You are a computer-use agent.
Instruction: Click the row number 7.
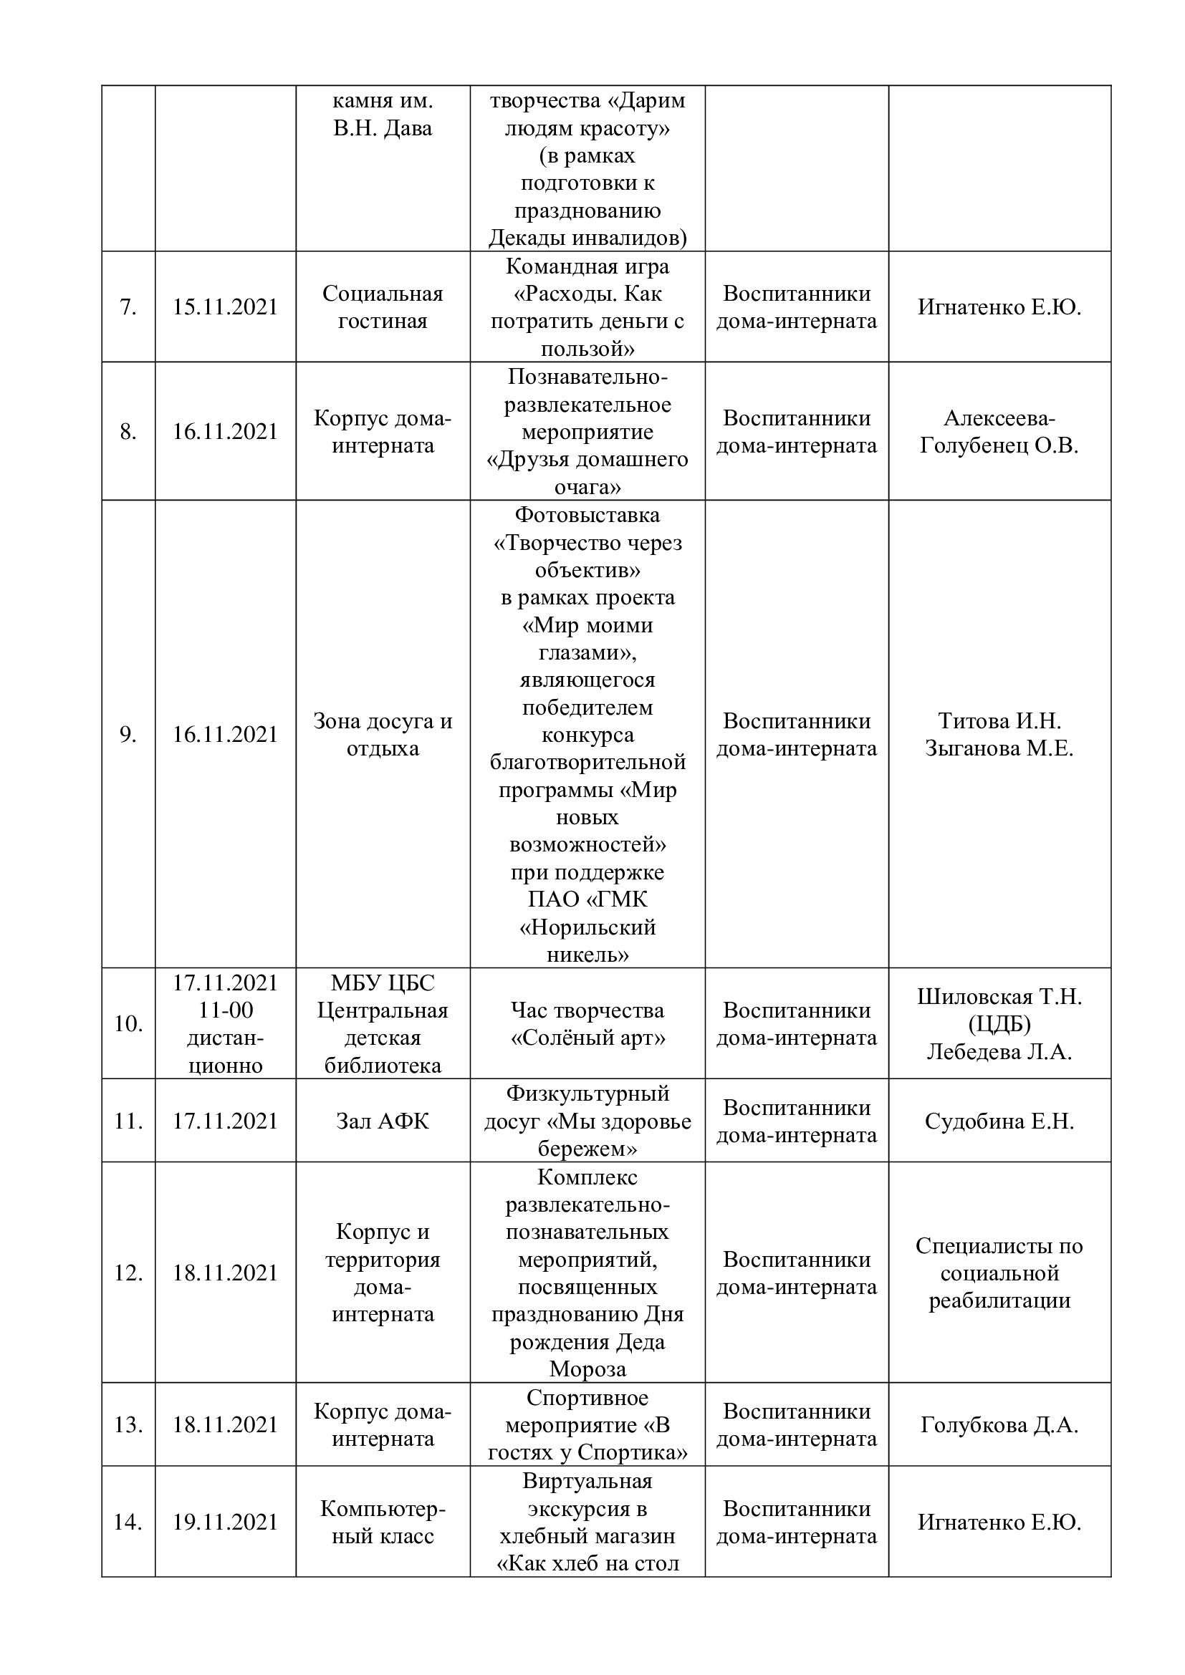[128, 307]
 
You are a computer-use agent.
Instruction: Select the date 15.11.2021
[225, 307]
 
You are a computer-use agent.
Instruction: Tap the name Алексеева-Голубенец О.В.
[999, 432]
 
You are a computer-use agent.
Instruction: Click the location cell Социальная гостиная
[383, 307]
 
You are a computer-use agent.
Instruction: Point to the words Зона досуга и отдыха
[383, 735]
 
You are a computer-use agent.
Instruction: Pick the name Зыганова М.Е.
[999, 748]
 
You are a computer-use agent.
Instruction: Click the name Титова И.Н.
[999, 721]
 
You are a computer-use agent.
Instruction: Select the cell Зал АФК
[383, 1121]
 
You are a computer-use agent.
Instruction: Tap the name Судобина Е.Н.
[999, 1121]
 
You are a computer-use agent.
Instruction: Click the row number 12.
[128, 1273]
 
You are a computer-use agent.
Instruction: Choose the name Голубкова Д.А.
[999, 1425]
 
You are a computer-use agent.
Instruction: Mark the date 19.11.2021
[225, 1522]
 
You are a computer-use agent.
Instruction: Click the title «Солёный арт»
[587, 1038]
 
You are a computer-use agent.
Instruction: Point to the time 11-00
[225, 1010]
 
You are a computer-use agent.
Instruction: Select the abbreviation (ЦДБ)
[999, 1024]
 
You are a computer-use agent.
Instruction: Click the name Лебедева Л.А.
[999, 1052]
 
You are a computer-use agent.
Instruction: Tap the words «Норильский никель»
[587, 941]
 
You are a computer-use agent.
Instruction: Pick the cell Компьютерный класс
[383, 1522]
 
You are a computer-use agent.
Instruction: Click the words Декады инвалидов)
[587, 238]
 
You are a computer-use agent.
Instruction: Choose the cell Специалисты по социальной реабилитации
[999, 1273]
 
